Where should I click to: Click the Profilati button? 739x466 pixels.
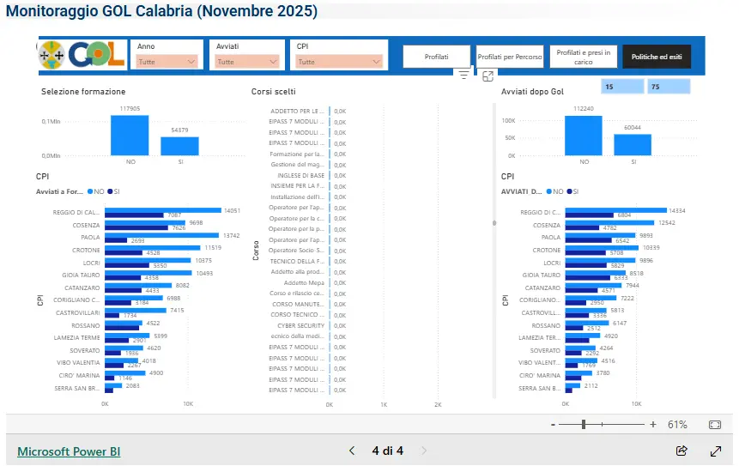[436, 57]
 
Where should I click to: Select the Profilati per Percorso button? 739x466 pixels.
[510, 57]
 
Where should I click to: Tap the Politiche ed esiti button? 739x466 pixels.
[657, 57]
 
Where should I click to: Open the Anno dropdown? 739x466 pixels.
[167, 62]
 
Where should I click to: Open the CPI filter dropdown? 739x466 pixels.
[339, 62]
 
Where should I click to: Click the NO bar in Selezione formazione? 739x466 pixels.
[130, 135]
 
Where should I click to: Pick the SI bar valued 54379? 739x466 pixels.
[179, 146]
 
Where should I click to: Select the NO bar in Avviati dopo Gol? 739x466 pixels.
[584, 136]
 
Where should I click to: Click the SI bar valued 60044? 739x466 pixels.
[633, 145]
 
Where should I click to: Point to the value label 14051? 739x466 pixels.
[233, 210]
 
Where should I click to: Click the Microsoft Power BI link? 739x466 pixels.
[69, 451]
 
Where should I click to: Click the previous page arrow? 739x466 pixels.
[351, 451]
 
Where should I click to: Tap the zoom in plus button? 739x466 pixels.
[653, 425]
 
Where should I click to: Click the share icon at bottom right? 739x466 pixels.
[682, 451]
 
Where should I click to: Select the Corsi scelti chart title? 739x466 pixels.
[274, 92]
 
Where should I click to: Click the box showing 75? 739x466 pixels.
[669, 87]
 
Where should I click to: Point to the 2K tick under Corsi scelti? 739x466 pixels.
[438, 403]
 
